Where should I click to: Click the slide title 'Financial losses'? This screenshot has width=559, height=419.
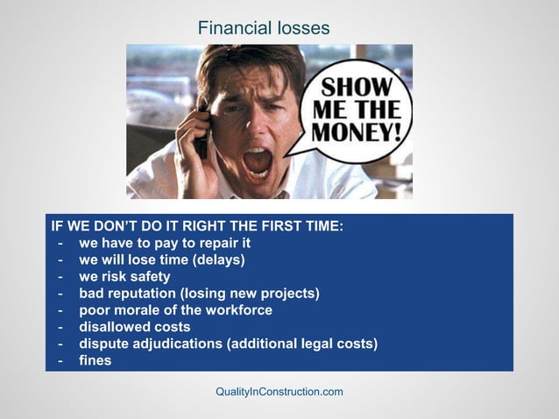(264, 28)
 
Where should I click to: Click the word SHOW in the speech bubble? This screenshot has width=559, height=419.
(363, 89)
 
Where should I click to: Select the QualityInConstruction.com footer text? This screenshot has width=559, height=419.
(279, 391)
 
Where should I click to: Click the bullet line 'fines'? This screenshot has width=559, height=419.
(95, 359)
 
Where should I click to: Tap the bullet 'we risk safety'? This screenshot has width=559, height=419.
(124, 276)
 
